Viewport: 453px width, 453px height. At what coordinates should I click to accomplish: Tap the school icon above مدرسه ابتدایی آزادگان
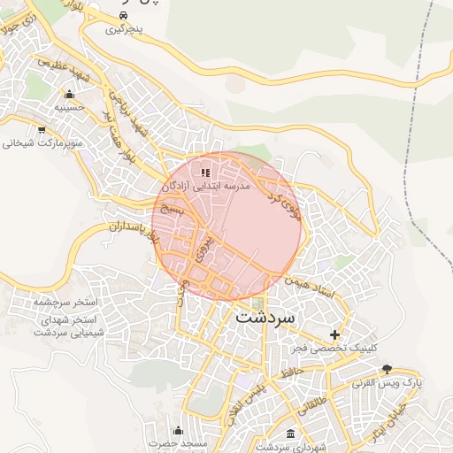point(205,173)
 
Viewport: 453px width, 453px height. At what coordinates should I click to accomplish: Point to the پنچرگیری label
point(124,29)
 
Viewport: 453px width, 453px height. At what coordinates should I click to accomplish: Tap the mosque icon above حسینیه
point(68,94)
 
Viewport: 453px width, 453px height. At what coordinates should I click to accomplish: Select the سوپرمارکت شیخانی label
point(42,142)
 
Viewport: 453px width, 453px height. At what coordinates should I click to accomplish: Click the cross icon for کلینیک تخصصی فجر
point(334,334)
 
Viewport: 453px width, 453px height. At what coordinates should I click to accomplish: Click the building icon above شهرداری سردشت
point(292,433)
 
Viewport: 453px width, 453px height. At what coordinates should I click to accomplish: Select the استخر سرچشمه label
point(65,303)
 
